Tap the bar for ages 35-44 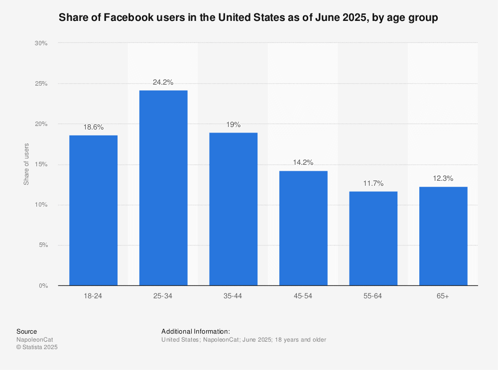click(233, 209)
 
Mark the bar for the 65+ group click(443, 236)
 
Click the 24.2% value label click(163, 82)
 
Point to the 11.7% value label click(373, 183)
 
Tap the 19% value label click(233, 124)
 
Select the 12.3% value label click(443, 178)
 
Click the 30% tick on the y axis click(41, 43)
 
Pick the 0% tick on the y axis click(43, 286)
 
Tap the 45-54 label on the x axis click(303, 296)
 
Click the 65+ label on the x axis click(443, 296)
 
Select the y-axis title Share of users click(26, 164)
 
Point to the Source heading click(26, 331)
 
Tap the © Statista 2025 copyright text click(37, 348)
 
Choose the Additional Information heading click(196, 331)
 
